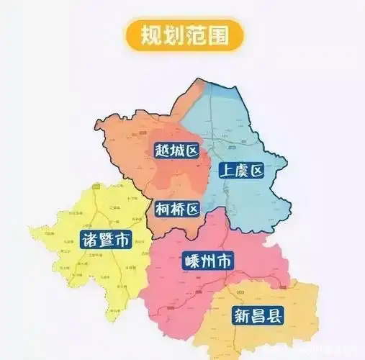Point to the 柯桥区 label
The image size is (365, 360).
[176, 210]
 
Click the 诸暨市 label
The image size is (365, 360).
[105, 240]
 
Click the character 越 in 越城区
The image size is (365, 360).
[162, 150]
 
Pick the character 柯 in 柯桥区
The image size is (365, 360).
[162, 210]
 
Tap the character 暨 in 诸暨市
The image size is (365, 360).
[105, 240]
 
